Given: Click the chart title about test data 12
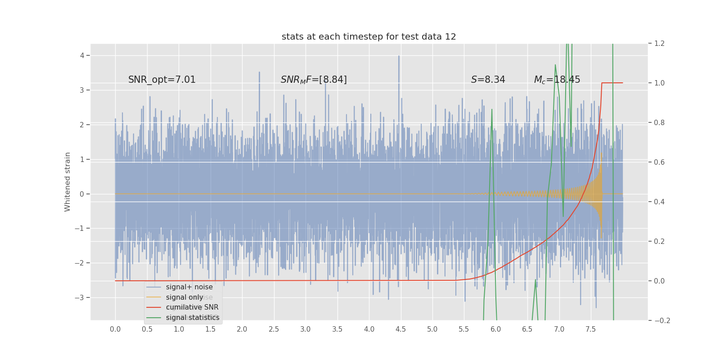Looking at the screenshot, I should tap(369, 37).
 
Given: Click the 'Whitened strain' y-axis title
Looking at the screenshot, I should tap(67, 182).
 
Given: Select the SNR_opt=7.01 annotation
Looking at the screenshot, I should tap(162, 80).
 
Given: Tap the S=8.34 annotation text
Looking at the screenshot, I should tap(488, 80).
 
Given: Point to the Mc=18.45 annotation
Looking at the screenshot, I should tap(557, 80).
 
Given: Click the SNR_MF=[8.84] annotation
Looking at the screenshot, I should tap(314, 80).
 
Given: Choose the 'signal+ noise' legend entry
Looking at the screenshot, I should tap(189, 287).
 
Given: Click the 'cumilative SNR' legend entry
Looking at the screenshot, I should tap(192, 307).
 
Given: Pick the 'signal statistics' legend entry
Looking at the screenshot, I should tap(193, 318).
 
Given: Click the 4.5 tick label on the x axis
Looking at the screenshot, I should tap(400, 329).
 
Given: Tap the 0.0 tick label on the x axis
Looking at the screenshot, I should tap(115, 329).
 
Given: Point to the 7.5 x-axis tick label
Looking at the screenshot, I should tap(590, 329).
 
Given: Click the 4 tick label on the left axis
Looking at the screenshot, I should tap(82, 56).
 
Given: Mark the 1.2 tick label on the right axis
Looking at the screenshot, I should tap(659, 44).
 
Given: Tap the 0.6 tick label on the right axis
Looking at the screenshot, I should tap(659, 162).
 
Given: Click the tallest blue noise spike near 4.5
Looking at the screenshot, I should tap(398, 57).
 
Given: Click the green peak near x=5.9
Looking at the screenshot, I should tap(491, 109).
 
